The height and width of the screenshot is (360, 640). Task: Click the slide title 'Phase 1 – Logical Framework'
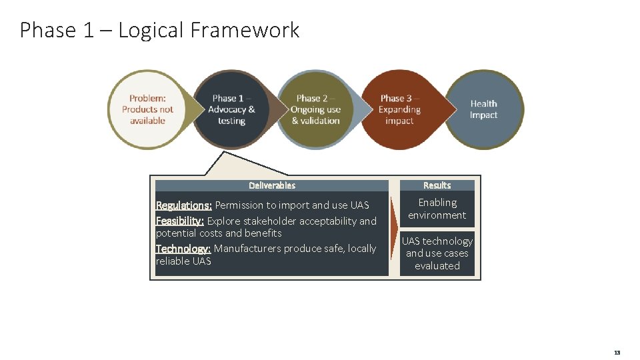point(159,31)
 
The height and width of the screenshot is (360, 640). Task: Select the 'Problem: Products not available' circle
point(147,109)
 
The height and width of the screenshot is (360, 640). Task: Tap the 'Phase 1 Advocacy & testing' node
point(231,109)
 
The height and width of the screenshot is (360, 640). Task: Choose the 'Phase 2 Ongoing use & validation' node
point(315,109)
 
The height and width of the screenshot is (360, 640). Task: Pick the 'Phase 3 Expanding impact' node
point(399,109)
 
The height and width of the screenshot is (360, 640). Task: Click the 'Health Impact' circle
point(484,109)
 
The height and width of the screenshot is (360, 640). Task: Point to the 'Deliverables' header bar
point(271,185)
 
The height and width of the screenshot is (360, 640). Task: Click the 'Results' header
point(437,185)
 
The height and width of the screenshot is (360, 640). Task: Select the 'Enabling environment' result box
point(437,209)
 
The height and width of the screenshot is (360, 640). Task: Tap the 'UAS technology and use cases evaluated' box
point(437,253)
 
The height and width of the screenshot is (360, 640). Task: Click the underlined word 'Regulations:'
point(183,205)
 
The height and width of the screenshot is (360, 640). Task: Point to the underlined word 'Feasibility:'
point(180,221)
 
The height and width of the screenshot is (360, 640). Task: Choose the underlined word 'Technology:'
point(183,249)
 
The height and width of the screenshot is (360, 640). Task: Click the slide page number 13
point(617,352)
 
